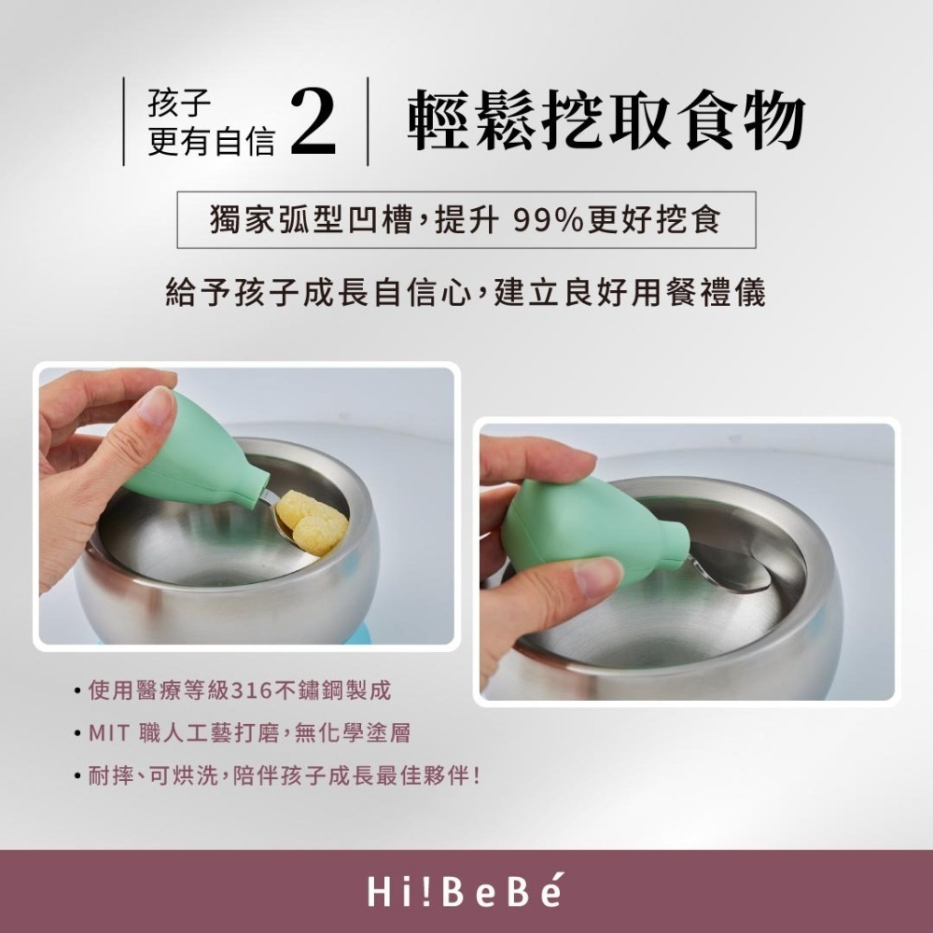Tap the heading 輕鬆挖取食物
[606, 121]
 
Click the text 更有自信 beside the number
[212, 142]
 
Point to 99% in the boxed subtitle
[550, 220]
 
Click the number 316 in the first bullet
[251, 691]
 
